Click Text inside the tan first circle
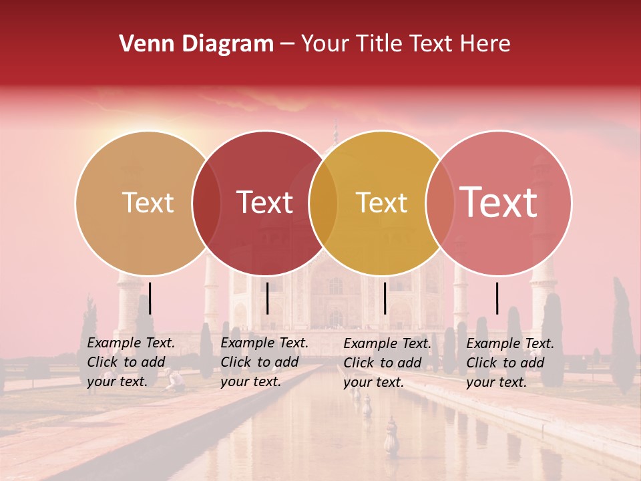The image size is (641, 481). [x=148, y=202]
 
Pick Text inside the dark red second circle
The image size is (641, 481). [x=264, y=202]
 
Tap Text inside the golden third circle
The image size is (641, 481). [x=381, y=202]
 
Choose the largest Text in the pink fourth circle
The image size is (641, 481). [x=498, y=202]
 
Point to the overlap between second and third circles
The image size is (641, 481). [x=323, y=202]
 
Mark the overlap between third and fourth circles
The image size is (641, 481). [x=439, y=202]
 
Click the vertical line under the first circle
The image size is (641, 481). [x=150, y=298]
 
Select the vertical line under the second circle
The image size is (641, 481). [x=267, y=298]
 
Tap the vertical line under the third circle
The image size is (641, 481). [x=385, y=298]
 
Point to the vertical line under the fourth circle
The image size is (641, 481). [x=497, y=298]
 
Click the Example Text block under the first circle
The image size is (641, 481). [x=130, y=362]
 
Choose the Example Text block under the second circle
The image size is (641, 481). [x=264, y=362]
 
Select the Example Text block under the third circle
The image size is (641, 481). [x=387, y=363]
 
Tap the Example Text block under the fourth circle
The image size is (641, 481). [x=509, y=363]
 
